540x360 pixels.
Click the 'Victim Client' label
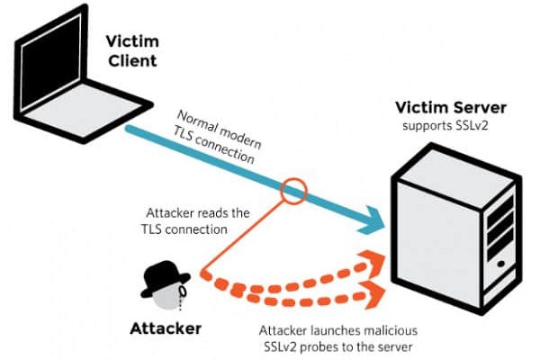[x=132, y=51]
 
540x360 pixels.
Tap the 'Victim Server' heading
[x=451, y=107]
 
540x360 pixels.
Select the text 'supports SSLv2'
[x=445, y=125]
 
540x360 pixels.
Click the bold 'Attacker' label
[x=166, y=328]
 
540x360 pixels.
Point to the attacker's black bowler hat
[x=165, y=278]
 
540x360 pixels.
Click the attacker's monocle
[x=183, y=292]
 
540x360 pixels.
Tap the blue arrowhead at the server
[x=373, y=220]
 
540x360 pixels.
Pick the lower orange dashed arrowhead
[x=373, y=294]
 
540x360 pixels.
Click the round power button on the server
[x=500, y=265]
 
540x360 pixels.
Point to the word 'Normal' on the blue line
[x=197, y=122]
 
